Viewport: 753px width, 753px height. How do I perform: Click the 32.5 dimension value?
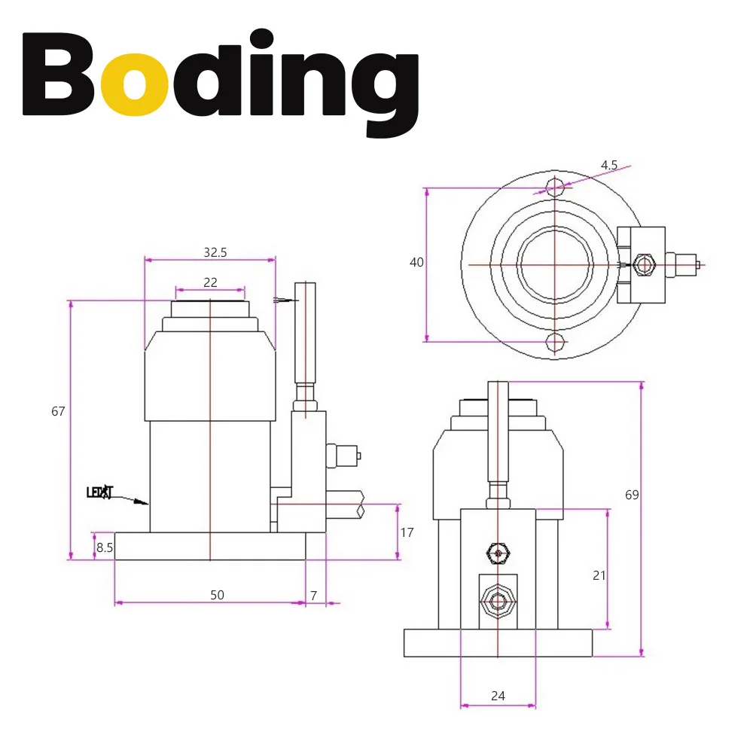(215, 253)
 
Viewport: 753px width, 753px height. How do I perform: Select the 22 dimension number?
(210, 282)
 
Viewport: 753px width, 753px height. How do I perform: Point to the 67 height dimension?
(59, 411)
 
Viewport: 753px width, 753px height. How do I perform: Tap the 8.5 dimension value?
(105, 547)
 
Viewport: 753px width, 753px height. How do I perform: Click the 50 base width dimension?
(217, 595)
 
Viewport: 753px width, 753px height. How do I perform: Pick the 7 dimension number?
(314, 595)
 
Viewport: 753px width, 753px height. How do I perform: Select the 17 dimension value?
(407, 532)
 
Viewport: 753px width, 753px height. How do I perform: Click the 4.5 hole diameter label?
(609, 165)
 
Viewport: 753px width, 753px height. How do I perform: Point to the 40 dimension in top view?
(416, 262)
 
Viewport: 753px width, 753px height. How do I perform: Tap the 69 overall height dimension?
(632, 495)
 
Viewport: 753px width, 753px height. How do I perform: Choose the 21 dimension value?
(599, 575)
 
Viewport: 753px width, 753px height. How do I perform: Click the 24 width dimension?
(498, 696)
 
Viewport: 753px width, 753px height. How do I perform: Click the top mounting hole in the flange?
(555, 186)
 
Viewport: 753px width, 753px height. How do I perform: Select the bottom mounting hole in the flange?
(555, 343)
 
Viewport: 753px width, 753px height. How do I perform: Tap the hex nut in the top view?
(642, 265)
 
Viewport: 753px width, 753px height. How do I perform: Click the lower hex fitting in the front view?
(498, 601)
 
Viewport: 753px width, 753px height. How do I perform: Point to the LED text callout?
(99, 493)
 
